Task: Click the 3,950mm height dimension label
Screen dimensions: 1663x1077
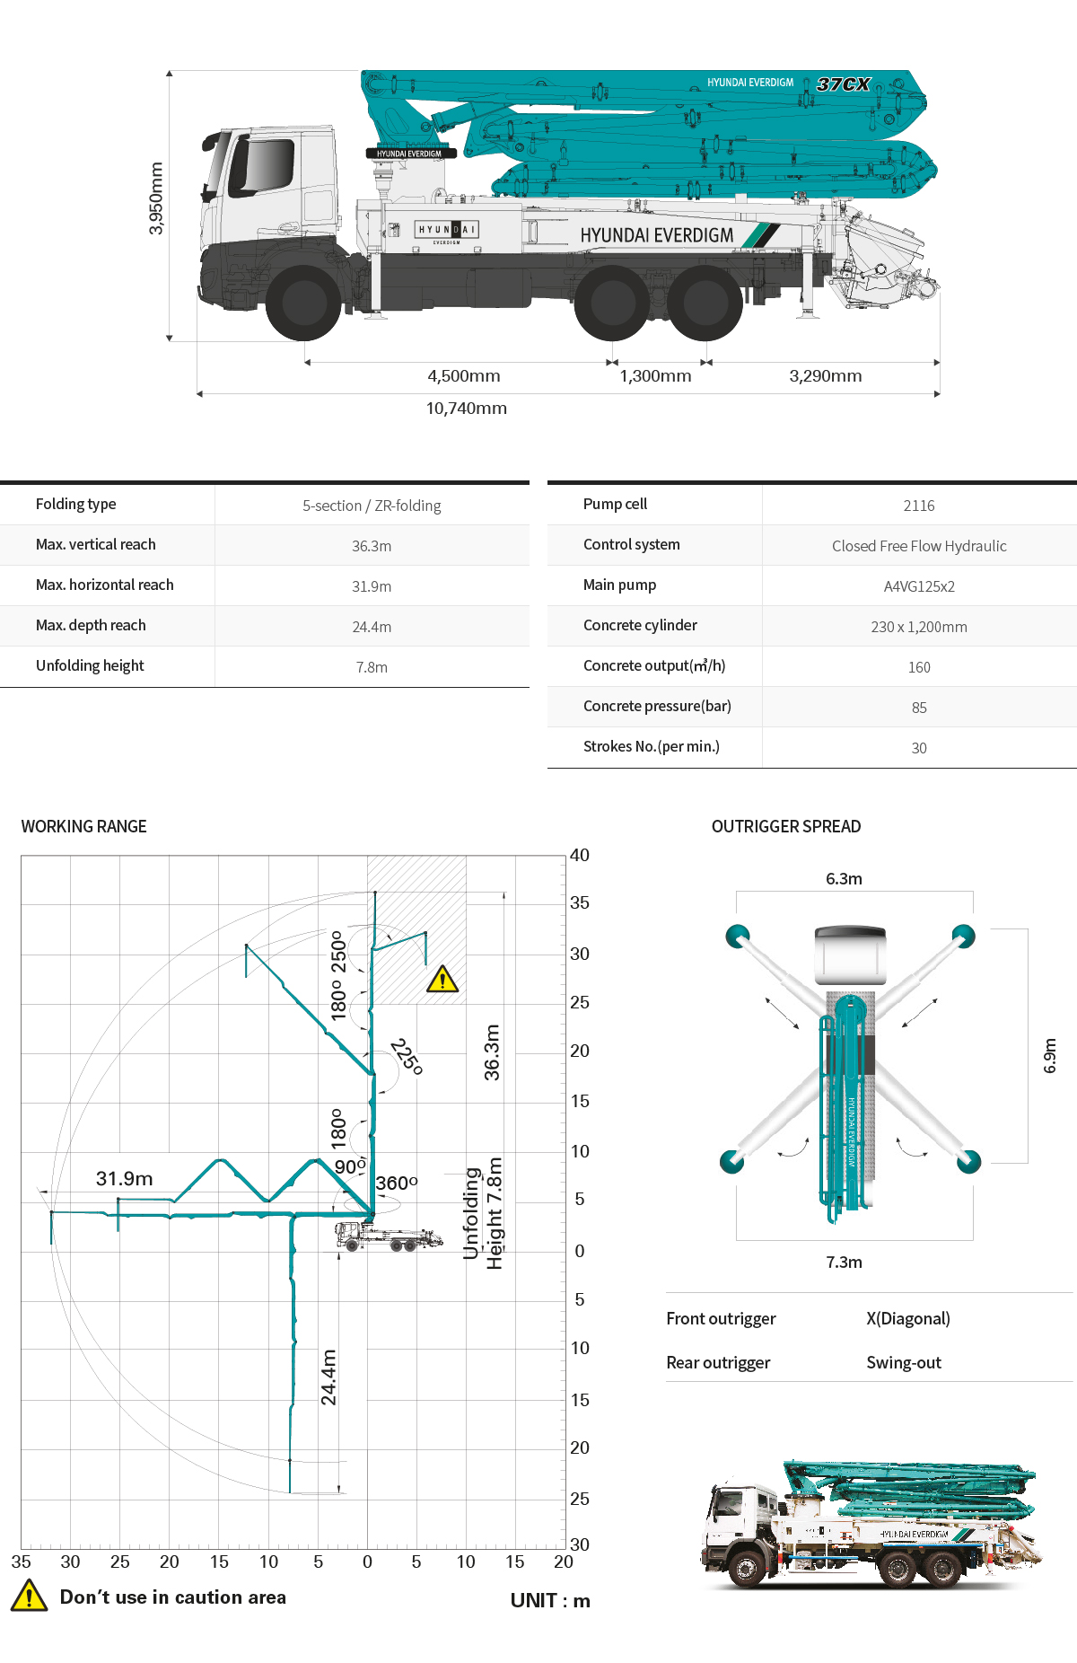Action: (x=156, y=198)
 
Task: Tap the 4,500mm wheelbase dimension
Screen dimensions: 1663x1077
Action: (x=463, y=376)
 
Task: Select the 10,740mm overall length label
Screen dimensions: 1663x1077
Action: (x=466, y=409)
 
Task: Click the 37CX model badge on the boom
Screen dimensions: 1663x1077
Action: (x=843, y=84)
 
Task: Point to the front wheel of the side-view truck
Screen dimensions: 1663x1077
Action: (x=304, y=303)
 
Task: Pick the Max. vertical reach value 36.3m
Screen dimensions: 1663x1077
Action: (x=372, y=546)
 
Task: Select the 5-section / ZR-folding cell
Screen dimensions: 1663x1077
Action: (x=372, y=506)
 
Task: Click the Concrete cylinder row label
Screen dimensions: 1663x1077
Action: (x=640, y=625)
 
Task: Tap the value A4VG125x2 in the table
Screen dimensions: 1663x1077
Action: (x=919, y=586)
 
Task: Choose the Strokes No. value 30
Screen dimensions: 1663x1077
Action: (x=919, y=748)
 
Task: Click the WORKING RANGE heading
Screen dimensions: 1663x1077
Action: (x=83, y=826)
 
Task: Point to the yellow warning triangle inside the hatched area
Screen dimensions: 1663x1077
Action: (x=442, y=979)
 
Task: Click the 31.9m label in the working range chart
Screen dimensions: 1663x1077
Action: (x=124, y=1178)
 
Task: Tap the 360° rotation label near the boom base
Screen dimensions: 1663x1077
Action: (x=396, y=1183)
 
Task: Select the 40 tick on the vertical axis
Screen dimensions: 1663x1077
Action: (x=580, y=855)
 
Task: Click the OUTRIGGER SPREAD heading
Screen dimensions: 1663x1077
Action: (x=786, y=826)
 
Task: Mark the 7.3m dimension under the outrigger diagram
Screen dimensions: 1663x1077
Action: (x=844, y=1262)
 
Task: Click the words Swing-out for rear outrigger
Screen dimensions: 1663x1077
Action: (x=904, y=1362)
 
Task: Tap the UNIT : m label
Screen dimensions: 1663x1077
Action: (x=550, y=1600)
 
